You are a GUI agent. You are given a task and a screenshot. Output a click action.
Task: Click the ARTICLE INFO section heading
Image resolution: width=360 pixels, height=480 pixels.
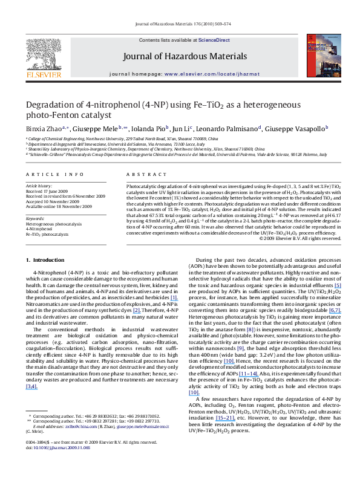tap(47, 173)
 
